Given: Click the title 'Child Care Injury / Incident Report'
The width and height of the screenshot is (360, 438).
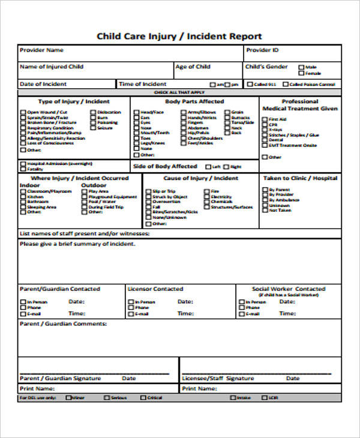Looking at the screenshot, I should (x=179, y=36).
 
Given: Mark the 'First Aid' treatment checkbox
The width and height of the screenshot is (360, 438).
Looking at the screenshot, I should (x=265, y=119).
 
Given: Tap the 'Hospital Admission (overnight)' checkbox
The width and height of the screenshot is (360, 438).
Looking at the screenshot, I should (x=23, y=164).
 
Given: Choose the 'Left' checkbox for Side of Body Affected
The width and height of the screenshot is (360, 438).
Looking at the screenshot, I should (x=208, y=167).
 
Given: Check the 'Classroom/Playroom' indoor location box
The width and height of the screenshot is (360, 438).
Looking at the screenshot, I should (x=23, y=191).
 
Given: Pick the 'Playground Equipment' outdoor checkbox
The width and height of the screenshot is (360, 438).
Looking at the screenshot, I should (x=84, y=197).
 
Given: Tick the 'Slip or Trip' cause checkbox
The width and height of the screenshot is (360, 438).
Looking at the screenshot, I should (x=148, y=191).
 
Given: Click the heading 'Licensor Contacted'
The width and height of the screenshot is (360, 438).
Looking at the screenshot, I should (x=155, y=289).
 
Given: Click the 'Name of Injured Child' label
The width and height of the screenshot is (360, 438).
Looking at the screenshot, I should (x=52, y=67).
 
